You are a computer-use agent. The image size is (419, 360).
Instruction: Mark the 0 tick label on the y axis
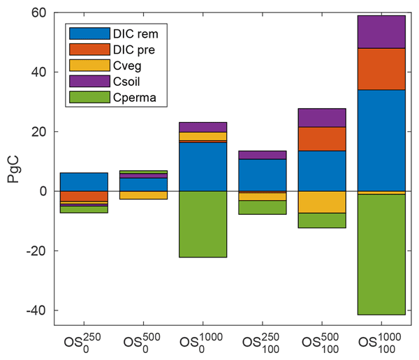tap(42, 191)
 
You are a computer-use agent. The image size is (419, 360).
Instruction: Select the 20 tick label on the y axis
tap(38, 132)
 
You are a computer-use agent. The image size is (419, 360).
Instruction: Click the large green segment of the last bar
tap(381, 255)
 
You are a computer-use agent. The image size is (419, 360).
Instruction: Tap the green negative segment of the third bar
tap(203, 224)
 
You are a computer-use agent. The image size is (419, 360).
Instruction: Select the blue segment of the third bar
tap(203, 167)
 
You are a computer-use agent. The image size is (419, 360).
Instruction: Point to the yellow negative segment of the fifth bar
tap(322, 202)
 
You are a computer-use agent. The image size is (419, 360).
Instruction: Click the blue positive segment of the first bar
tap(84, 181)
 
